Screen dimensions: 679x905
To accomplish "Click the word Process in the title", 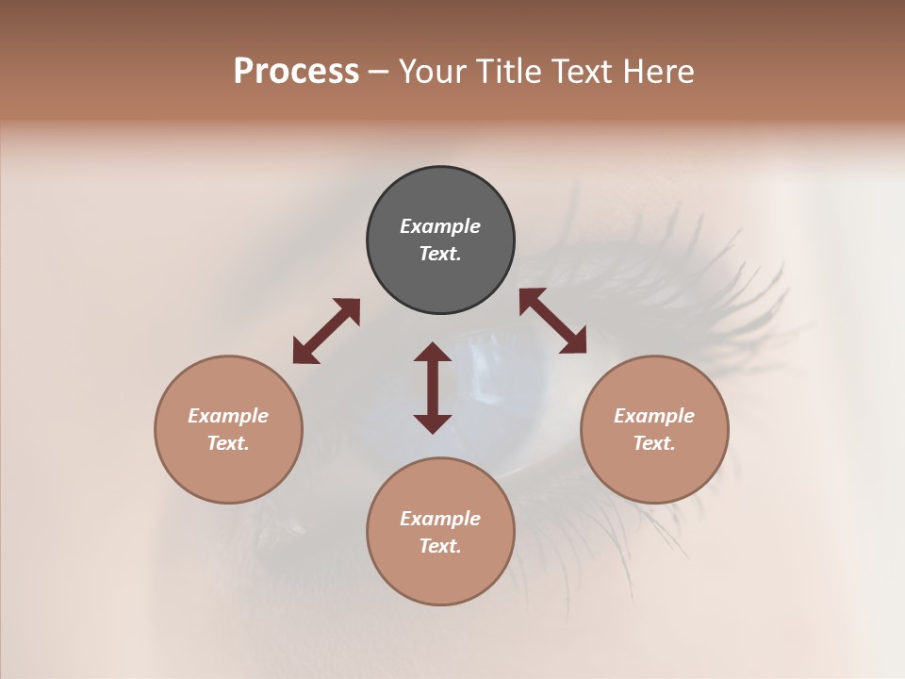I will (296, 72).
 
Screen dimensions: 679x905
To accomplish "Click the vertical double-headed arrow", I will (433, 388).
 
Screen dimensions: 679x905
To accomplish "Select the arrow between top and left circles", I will (326, 331).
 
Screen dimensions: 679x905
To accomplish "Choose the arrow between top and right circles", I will (552, 321).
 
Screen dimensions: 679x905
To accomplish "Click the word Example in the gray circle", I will (440, 226).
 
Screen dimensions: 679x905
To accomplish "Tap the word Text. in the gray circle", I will (440, 254).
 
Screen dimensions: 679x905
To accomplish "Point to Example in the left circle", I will (228, 416).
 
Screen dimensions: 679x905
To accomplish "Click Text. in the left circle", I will (228, 443).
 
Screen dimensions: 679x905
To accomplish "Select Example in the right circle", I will (654, 416).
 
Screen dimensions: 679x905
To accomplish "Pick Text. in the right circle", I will (654, 443).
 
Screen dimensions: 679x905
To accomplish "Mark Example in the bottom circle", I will (440, 519).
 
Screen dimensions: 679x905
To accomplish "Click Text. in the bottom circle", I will (440, 546).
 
